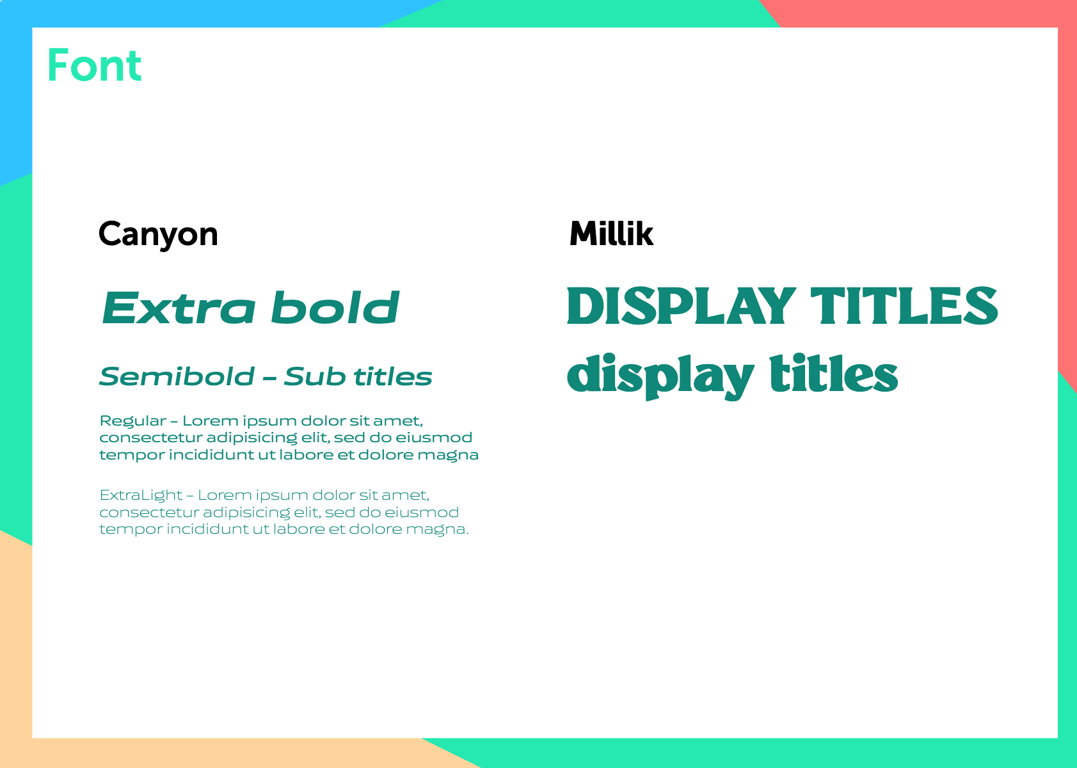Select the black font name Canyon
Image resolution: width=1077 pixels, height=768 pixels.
point(158,234)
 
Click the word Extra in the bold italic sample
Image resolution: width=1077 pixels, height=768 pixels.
point(178,308)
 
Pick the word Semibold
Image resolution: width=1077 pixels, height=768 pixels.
point(177,376)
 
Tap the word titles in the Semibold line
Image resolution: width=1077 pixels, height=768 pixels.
point(393,376)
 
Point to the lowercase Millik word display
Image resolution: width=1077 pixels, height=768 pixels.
point(660,376)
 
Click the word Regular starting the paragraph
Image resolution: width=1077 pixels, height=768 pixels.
point(132,422)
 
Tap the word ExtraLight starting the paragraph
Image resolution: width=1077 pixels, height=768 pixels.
point(141,496)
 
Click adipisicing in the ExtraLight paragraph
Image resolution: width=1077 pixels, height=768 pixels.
point(246,513)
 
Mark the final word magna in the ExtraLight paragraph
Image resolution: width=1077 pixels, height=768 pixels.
point(437,530)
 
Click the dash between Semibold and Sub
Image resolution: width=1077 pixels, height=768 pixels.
point(269,378)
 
